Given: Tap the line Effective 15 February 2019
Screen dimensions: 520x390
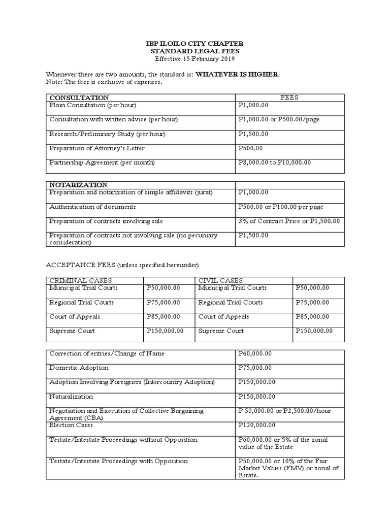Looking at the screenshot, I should click(194, 58).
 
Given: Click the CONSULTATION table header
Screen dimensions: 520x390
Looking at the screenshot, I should click(79, 97).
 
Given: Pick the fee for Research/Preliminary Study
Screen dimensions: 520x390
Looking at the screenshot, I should click(253, 134).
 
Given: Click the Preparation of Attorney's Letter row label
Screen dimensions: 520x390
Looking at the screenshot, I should click(89, 148).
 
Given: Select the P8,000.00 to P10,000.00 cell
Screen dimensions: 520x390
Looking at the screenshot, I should click(274, 162).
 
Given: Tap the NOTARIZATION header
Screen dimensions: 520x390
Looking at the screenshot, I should click(78, 185).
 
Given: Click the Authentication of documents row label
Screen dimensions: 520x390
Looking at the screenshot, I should click(92, 207).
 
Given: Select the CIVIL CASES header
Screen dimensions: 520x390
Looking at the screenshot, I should click(220, 280).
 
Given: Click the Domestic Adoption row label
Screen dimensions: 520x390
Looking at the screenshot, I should click(79, 368).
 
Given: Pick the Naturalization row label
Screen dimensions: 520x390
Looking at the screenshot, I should click(71, 396).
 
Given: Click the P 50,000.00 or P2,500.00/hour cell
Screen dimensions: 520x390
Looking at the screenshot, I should click(284, 410).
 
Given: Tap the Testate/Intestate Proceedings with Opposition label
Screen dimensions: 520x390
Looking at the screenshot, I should click(118, 461).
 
